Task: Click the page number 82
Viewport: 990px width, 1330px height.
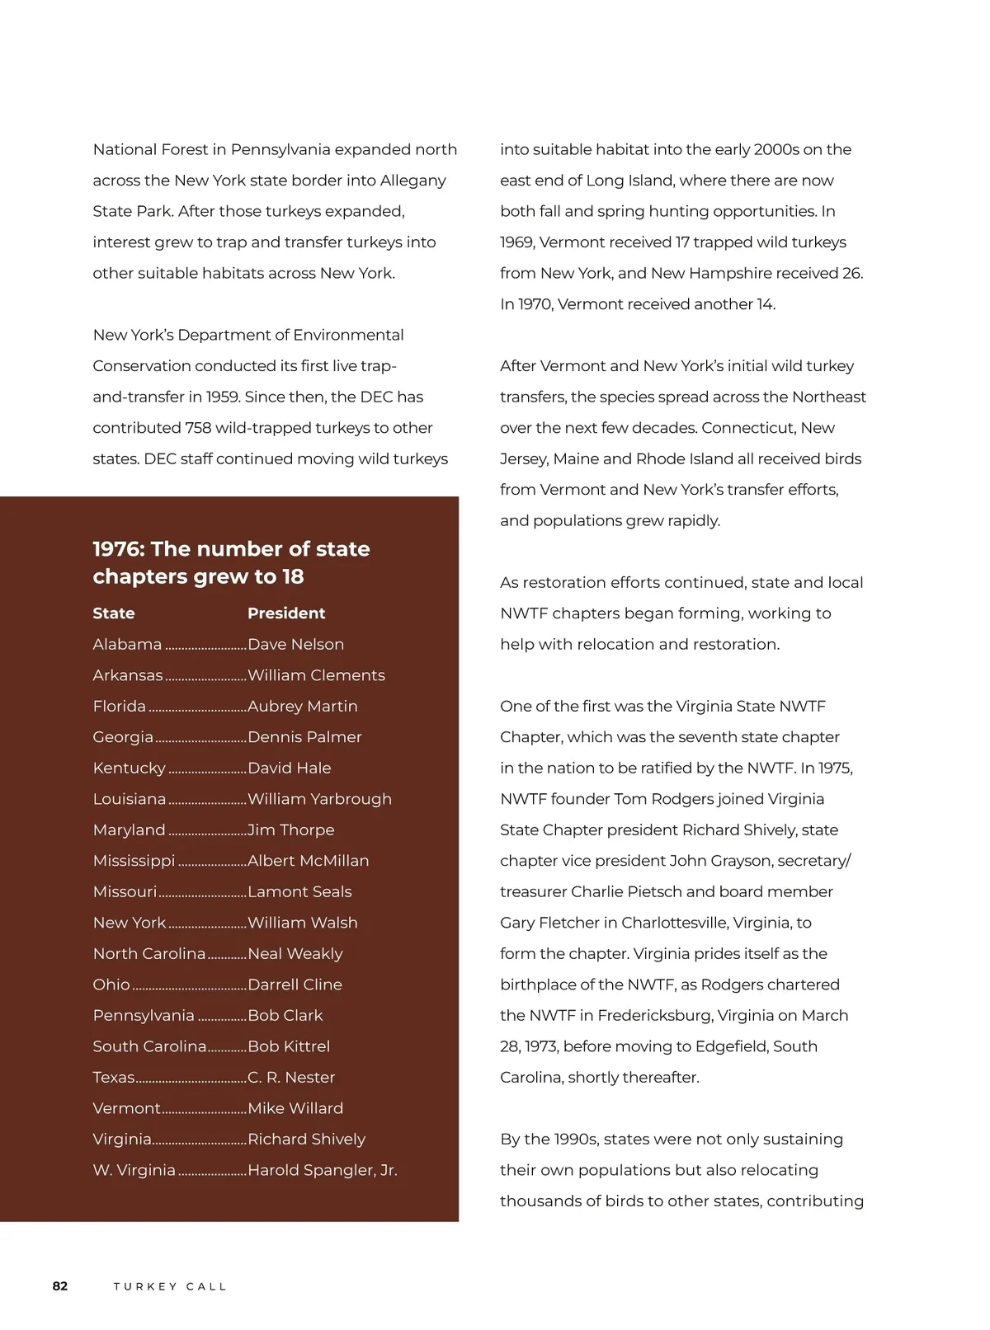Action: (60, 1285)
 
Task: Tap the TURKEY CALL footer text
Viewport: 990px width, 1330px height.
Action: (170, 1286)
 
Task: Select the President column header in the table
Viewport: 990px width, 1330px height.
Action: (286, 613)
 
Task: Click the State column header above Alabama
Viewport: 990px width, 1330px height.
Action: (114, 613)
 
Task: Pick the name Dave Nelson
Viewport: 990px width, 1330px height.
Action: (295, 644)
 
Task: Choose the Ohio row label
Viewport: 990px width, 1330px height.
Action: (111, 985)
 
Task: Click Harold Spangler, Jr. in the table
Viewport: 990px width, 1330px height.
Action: (322, 1170)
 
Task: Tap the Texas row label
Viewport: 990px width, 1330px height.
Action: (114, 1077)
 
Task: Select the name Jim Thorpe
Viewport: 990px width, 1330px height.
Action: (290, 829)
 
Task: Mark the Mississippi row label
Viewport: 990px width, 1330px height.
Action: (134, 861)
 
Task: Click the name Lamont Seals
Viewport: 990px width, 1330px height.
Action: (299, 891)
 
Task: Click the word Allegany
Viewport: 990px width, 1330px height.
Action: (412, 181)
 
